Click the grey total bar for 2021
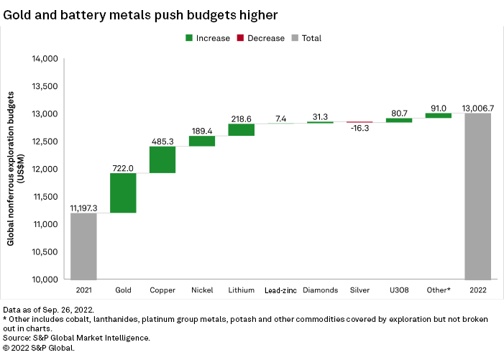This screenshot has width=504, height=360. click(83, 246)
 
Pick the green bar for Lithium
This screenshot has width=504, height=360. click(241, 129)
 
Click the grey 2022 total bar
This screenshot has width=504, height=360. click(477, 196)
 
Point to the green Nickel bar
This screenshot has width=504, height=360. click(202, 141)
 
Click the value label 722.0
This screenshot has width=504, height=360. click(123, 167)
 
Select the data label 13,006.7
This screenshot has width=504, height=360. click(477, 107)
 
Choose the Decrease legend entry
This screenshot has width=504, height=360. click(260, 38)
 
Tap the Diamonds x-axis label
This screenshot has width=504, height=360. click(320, 290)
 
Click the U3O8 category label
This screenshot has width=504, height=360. click(399, 290)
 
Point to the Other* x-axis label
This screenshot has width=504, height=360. click(438, 290)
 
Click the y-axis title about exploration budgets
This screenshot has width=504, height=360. click(15, 169)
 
